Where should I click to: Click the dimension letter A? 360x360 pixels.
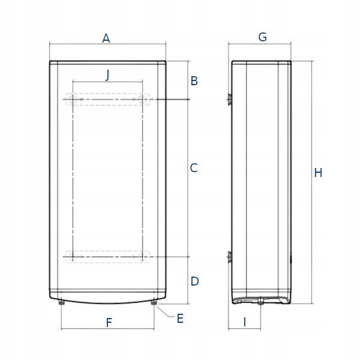point(106,38)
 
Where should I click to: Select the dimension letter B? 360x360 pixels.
point(194,81)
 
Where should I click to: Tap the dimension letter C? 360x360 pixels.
point(194,168)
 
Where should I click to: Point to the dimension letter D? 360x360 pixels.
point(194,281)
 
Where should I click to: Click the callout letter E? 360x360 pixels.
point(180,319)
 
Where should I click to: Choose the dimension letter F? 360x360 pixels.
point(109,323)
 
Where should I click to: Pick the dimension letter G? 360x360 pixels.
point(262,37)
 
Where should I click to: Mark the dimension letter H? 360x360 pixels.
point(318,173)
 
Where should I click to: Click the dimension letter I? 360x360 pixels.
point(245,322)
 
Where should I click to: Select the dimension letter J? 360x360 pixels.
point(107,75)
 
